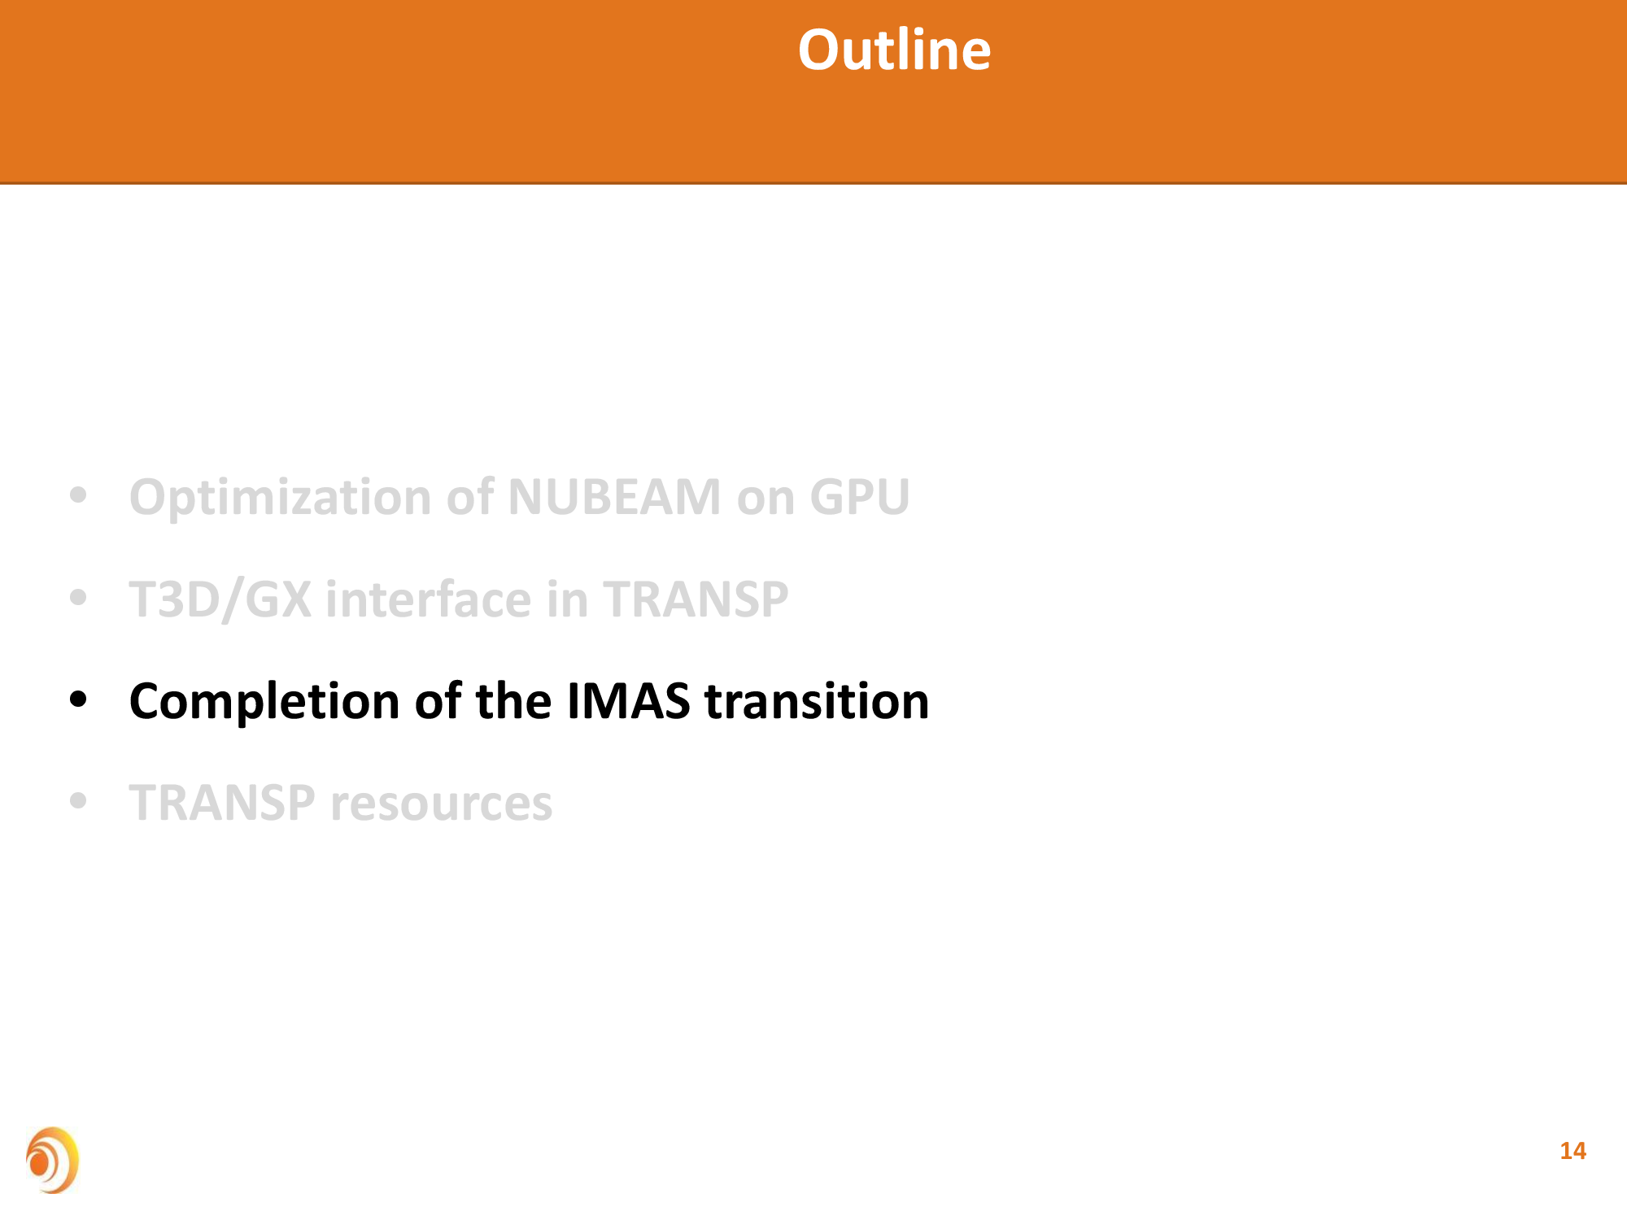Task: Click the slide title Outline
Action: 894,50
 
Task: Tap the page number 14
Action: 1572,1151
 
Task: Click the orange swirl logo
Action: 52,1160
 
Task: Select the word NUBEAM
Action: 614,496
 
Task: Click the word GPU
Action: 860,496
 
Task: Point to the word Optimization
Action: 281,498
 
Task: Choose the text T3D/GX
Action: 220,599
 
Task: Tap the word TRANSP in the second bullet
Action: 696,599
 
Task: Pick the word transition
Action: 817,701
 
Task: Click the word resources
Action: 441,804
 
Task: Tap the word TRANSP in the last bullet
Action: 222,803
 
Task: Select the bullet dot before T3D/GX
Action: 78,597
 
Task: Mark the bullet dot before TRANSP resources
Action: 78,801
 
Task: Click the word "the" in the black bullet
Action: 513,701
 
